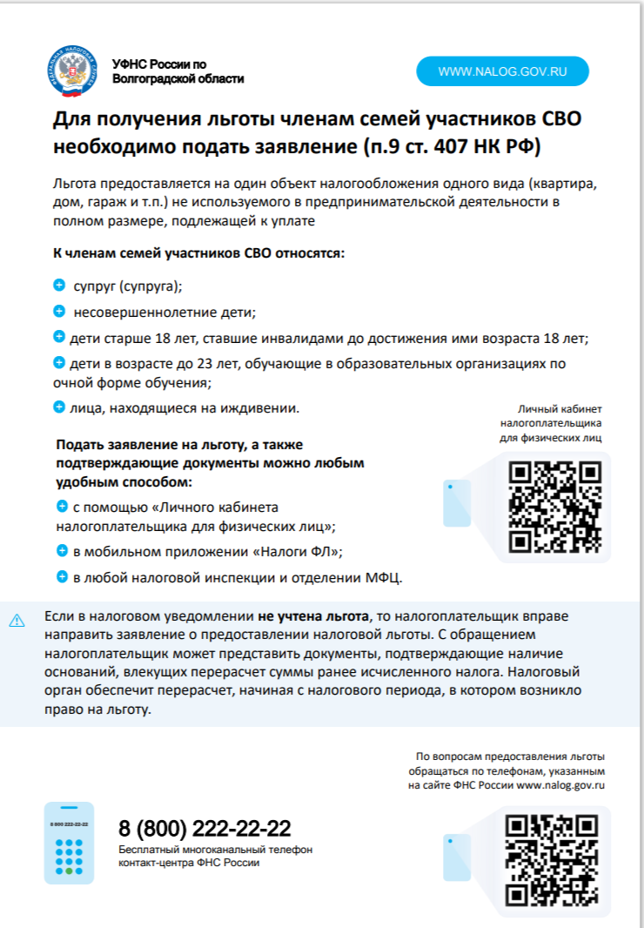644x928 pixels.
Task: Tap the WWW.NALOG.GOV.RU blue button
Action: [x=502, y=71]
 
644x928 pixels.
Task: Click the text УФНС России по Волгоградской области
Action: [x=178, y=71]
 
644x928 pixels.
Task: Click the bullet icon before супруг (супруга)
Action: [x=59, y=286]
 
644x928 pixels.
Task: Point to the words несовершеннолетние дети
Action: [x=164, y=312]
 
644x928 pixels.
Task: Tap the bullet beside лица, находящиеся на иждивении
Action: [x=59, y=407]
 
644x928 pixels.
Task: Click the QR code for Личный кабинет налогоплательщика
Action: [x=555, y=506]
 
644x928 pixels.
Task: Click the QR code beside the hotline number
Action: [x=552, y=860]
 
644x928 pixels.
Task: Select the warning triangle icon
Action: [x=17, y=621]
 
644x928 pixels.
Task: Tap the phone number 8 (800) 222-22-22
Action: [x=205, y=828]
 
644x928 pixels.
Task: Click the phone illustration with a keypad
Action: [x=69, y=843]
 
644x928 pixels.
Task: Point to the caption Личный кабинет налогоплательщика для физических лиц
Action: [x=550, y=423]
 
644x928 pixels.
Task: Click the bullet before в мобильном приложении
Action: [x=62, y=551]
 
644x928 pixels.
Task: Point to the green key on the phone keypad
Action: [x=69, y=871]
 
